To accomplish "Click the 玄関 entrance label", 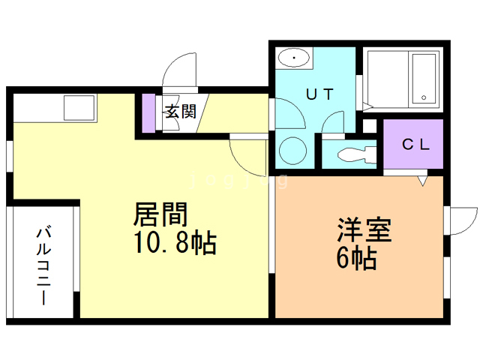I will [x=180, y=112].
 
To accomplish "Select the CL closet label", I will [x=415, y=145].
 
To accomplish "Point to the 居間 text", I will [x=160, y=215].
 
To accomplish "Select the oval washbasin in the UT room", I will [x=293, y=58].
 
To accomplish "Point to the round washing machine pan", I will [x=293, y=151].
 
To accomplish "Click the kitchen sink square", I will [x=79, y=109].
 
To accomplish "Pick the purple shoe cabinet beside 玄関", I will [x=148, y=112].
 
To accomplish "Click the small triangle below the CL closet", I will [x=422, y=180].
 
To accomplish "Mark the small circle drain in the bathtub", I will [x=423, y=97].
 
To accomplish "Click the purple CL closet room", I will [x=415, y=145].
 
